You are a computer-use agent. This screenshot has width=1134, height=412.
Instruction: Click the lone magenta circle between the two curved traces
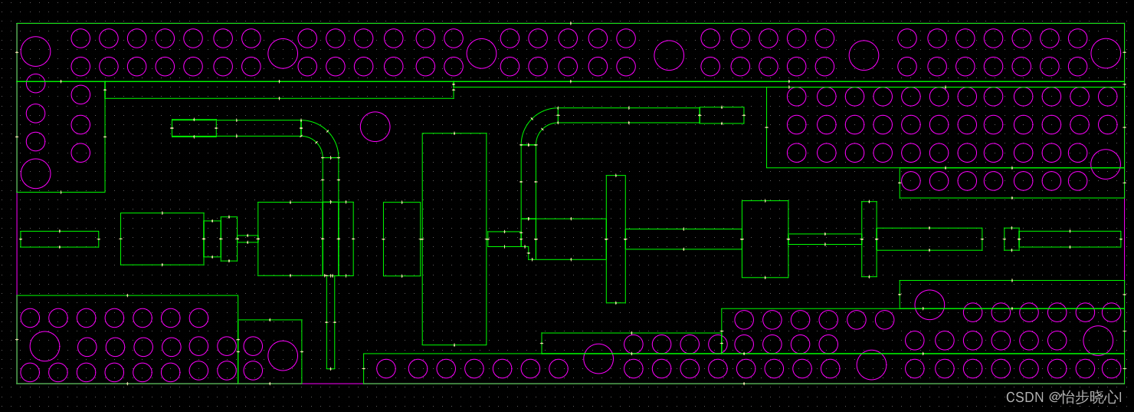pyautogui.click(x=375, y=127)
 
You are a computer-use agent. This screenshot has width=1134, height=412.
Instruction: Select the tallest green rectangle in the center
pyautogui.click(x=454, y=239)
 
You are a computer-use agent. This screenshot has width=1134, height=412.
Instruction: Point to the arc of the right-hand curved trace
pyautogui.click(x=536, y=126)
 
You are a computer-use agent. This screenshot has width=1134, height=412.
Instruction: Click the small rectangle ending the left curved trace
pyautogui.click(x=194, y=128)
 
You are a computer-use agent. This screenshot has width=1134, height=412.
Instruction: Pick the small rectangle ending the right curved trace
pyautogui.click(x=721, y=115)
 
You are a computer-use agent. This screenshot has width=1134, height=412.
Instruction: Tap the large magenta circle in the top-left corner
pyautogui.click(x=35, y=51)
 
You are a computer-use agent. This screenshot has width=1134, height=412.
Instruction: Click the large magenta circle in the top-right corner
pyautogui.click(x=1105, y=53)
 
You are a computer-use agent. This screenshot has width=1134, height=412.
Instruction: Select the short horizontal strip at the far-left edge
pyautogui.click(x=59, y=239)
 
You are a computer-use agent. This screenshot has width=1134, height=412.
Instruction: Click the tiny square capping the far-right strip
pyautogui.click(x=1011, y=239)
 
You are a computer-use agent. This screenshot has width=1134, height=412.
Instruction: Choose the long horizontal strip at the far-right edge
pyautogui.click(x=1070, y=239)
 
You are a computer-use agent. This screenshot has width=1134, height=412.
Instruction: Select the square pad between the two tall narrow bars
pyautogui.click(x=765, y=239)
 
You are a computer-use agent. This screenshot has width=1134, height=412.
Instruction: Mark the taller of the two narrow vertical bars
pyautogui.click(x=615, y=239)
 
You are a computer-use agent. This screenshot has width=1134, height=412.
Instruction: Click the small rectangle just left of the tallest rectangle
pyautogui.click(x=401, y=239)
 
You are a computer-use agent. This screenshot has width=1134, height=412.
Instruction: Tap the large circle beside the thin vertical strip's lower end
pyautogui.click(x=283, y=355)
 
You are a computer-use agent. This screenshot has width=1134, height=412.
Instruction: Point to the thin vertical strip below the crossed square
pyautogui.click(x=330, y=322)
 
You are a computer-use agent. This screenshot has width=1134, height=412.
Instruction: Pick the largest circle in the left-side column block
pyautogui.click(x=35, y=173)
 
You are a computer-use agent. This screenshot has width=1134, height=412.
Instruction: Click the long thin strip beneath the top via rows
pyautogui.click(x=279, y=93)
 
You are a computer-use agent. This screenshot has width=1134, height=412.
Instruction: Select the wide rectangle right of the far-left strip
pyautogui.click(x=162, y=239)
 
